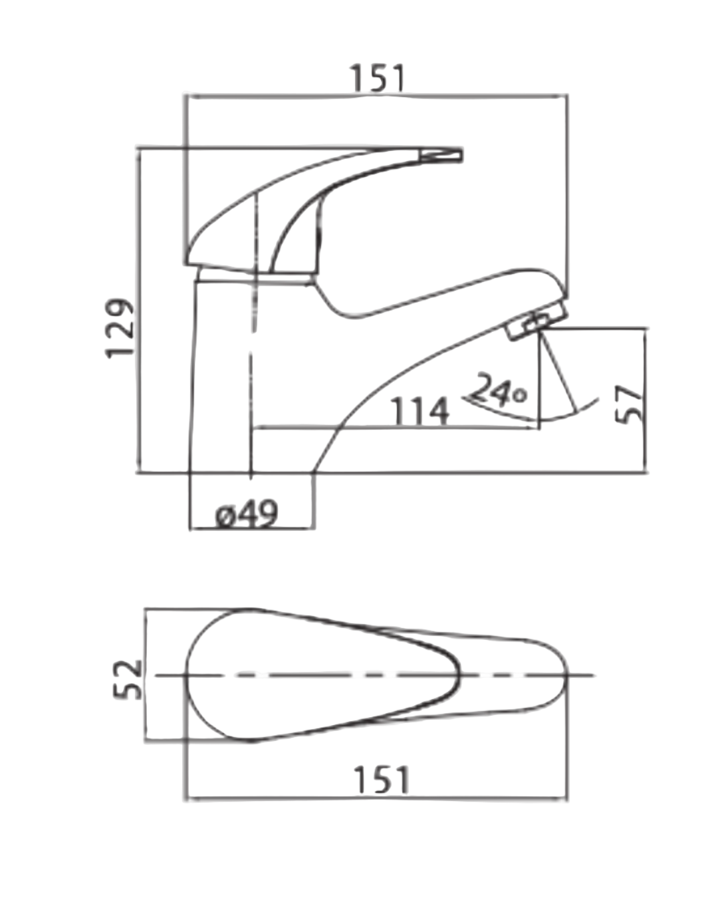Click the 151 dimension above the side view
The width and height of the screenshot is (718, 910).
pos(377,78)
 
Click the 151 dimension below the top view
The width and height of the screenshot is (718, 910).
pos(381,780)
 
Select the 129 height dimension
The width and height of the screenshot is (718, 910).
pos(121,328)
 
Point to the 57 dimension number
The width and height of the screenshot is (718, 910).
pos(629,403)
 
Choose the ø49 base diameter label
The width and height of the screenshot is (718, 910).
pos(247,514)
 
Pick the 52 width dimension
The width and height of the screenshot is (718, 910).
pos(128,679)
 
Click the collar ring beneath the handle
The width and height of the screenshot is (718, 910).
pos(256,275)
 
